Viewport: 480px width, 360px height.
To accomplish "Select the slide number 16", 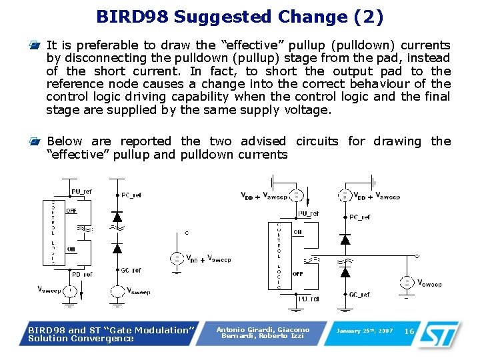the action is (x=409, y=331).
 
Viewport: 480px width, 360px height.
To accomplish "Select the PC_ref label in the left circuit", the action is (x=131, y=196).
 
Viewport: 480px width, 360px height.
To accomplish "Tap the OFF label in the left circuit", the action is (x=71, y=211).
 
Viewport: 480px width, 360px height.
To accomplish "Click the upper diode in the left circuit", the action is (x=117, y=217).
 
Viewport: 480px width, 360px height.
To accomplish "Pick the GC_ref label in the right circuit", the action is (x=359, y=294).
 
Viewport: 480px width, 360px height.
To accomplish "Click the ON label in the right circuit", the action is (x=298, y=232).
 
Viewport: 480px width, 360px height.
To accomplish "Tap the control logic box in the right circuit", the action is (x=279, y=257).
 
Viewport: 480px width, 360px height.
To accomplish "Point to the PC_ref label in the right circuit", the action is (x=360, y=217).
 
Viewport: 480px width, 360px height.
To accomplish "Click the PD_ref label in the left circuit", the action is (x=82, y=273).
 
